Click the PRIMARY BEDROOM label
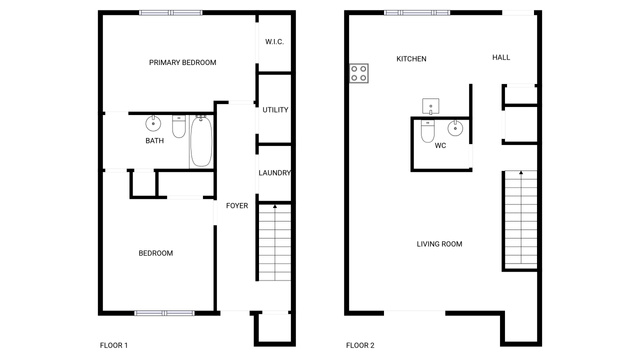(x=182, y=62)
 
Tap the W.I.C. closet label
(x=274, y=42)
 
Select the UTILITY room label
(x=275, y=110)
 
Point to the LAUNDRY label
(x=274, y=173)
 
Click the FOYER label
(x=237, y=206)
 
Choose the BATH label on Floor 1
(x=155, y=141)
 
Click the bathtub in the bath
(x=201, y=141)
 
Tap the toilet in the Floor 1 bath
(x=179, y=126)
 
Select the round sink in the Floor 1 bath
(x=153, y=123)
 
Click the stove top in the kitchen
(x=359, y=73)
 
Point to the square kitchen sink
(x=431, y=106)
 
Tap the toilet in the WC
(x=428, y=131)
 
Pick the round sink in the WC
(x=455, y=128)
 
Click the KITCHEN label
(x=411, y=59)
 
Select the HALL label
(x=501, y=58)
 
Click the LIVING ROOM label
(x=439, y=244)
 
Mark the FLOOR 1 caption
(x=114, y=345)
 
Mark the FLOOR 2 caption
(x=360, y=345)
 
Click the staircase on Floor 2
(x=521, y=219)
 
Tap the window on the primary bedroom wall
(x=171, y=13)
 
